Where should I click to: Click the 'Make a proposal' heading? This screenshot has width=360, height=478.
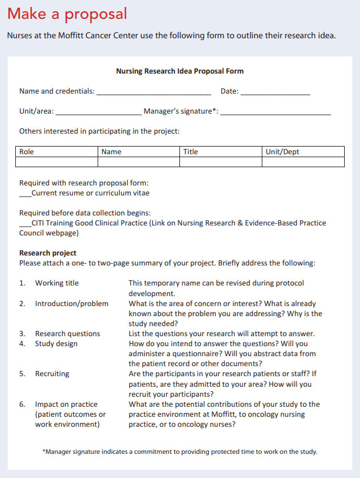67,14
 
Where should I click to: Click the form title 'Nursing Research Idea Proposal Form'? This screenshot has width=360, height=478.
179,71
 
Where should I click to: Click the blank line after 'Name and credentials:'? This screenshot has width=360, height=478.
154,93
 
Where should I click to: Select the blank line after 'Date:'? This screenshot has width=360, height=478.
275,93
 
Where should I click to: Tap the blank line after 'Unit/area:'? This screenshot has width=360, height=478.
98,112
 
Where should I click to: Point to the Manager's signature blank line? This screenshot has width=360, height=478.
275,112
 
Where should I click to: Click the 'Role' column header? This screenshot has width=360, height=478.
27,152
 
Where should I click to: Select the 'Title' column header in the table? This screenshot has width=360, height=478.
191,152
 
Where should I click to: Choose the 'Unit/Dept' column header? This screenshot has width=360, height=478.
282,152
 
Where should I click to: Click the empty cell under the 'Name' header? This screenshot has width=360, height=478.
138,162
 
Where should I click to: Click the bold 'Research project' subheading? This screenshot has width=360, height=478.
48,253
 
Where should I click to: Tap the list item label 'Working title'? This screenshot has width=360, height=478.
56,283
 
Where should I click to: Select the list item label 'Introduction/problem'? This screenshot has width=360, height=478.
72,304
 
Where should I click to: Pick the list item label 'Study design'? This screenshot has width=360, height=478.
56,344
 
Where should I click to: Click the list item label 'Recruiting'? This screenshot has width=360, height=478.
52,374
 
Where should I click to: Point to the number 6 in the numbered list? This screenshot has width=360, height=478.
22,404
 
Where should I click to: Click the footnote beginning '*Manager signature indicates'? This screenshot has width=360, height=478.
180,452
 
